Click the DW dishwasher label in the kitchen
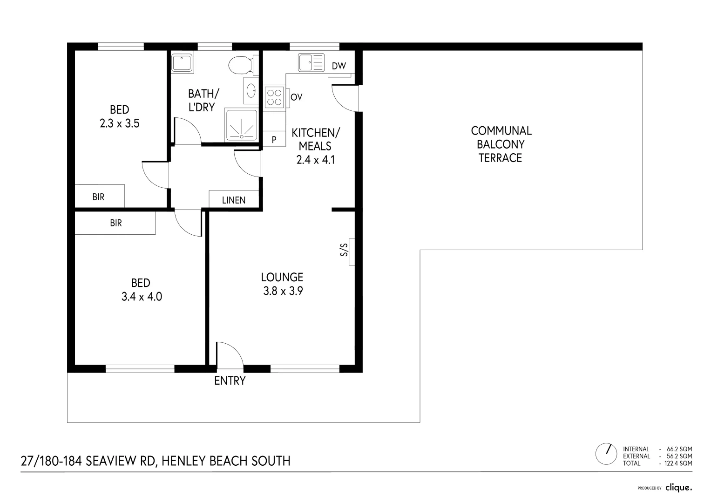(x=339, y=66)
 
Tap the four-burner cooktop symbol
(x=274, y=97)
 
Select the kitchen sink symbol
(x=311, y=62)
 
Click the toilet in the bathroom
(x=242, y=65)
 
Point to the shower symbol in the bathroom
(x=241, y=125)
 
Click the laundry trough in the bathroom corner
(x=183, y=64)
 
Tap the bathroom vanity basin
(x=251, y=90)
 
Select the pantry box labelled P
(x=274, y=139)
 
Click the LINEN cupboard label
(x=234, y=200)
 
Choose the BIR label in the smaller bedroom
(x=98, y=197)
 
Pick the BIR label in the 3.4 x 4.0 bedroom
(x=116, y=223)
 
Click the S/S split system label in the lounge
(x=345, y=251)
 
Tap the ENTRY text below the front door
(x=230, y=381)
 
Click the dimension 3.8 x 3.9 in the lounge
(x=283, y=292)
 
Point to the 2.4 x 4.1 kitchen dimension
(x=316, y=160)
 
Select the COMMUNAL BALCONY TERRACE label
(x=501, y=144)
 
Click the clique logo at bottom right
(x=678, y=488)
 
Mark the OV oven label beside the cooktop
(x=297, y=97)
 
